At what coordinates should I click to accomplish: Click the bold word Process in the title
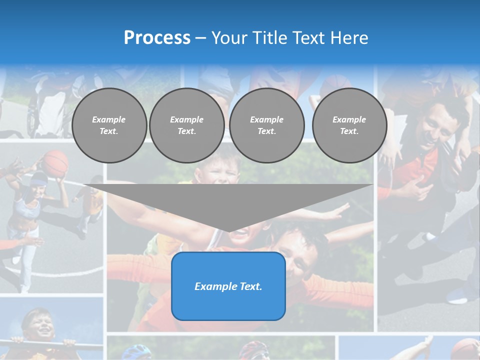pos(157,38)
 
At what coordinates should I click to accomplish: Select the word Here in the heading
pos(349,38)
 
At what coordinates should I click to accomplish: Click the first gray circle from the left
pos(109,125)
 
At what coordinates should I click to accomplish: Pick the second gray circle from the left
pos(187,125)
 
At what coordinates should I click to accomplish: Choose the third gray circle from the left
pos(267,125)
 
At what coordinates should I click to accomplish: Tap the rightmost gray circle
pos(349,125)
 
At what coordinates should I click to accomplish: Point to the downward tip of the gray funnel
pos(229,230)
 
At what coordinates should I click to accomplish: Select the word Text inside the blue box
pos(250,286)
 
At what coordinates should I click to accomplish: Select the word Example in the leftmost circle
pos(109,120)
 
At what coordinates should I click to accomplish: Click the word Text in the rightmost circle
pos(349,131)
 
